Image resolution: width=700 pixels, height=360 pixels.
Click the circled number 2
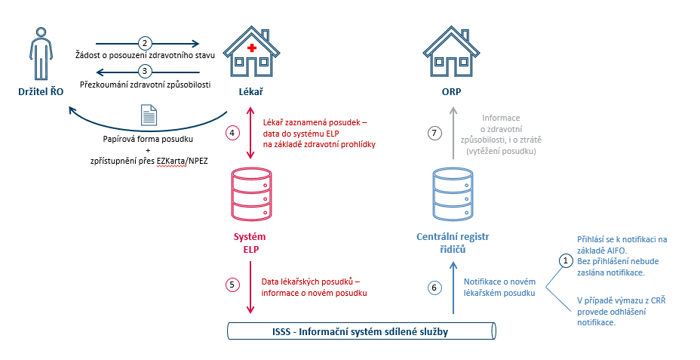click(145, 43)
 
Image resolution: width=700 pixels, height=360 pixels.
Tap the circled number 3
click(145, 71)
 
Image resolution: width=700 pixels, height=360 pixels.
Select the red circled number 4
click(232, 133)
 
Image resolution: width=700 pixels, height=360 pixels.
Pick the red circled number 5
click(232, 285)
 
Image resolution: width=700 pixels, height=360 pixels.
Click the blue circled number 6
click(432, 288)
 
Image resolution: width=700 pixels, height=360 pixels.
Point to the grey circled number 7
click(432, 133)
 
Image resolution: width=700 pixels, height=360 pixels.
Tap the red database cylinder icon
click(249, 191)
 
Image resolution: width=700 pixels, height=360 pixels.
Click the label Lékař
click(250, 92)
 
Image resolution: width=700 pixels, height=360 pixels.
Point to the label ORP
click(452, 92)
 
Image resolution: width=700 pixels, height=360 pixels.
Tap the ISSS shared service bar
click(362, 331)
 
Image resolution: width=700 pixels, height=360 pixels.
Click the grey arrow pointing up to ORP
click(453, 133)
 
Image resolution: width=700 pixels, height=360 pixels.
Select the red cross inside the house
click(252, 49)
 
